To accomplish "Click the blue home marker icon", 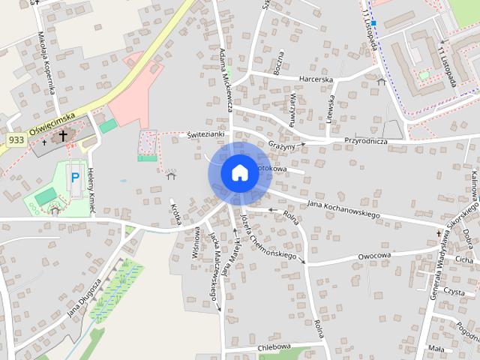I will [x=239, y=172].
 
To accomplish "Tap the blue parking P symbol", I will [x=74, y=178].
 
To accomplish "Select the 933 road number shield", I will [x=16, y=140].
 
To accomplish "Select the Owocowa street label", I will [x=374, y=256].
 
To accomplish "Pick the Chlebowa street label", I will [x=274, y=346].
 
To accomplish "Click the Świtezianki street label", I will [x=206, y=133].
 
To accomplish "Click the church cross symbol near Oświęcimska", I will [x=63, y=136].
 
